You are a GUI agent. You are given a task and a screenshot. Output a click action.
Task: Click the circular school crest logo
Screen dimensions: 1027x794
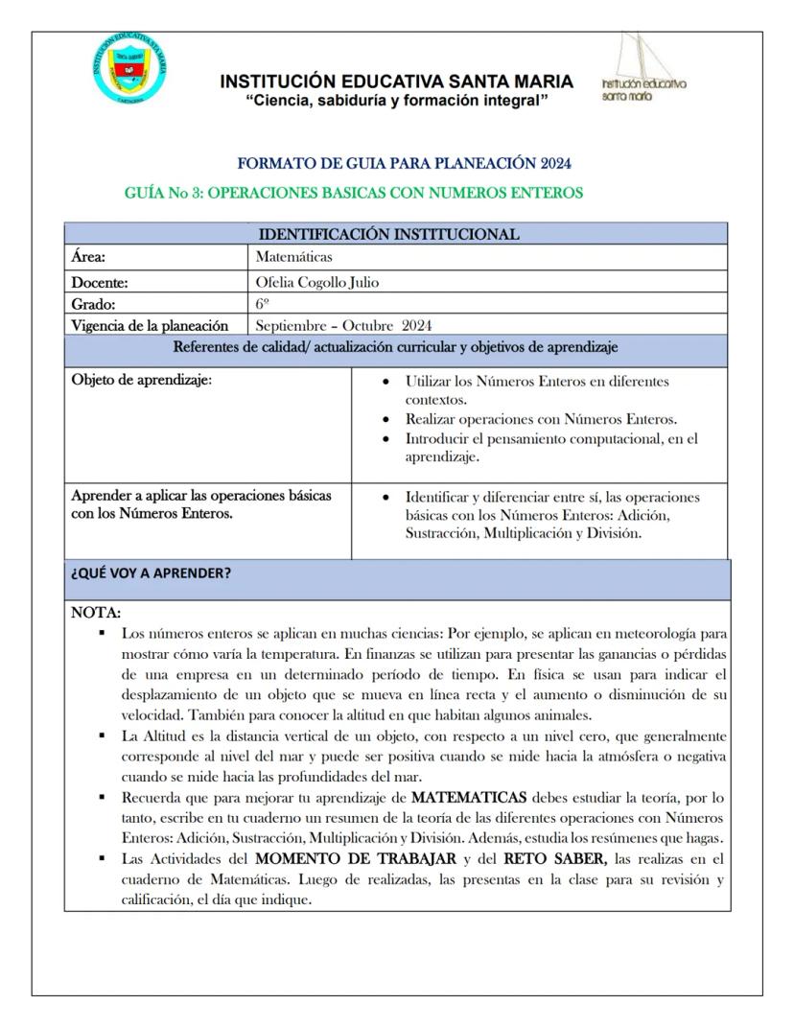tap(133, 68)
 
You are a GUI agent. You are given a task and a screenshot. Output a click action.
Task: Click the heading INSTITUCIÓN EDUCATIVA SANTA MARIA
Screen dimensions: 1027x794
tap(396, 82)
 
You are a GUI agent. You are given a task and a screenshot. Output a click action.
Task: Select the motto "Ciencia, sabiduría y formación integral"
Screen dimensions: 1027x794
tap(396, 101)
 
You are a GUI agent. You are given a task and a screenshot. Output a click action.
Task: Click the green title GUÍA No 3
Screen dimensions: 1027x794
tap(354, 193)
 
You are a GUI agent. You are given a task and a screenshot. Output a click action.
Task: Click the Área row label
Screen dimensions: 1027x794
tap(88, 257)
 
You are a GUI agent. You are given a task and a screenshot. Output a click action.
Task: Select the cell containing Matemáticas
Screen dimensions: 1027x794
tap(294, 257)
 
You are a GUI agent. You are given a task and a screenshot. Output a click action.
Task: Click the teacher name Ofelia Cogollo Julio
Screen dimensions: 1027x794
tap(324, 282)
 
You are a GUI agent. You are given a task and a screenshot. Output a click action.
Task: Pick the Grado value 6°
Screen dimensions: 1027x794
tap(263, 304)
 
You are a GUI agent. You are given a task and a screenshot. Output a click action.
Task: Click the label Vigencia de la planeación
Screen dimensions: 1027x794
tap(150, 325)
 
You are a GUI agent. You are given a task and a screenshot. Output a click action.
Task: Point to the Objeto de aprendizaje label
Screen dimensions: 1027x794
tap(142, 379)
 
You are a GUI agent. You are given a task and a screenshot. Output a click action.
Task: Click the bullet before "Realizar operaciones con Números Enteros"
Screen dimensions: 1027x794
tap(385, 420)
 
